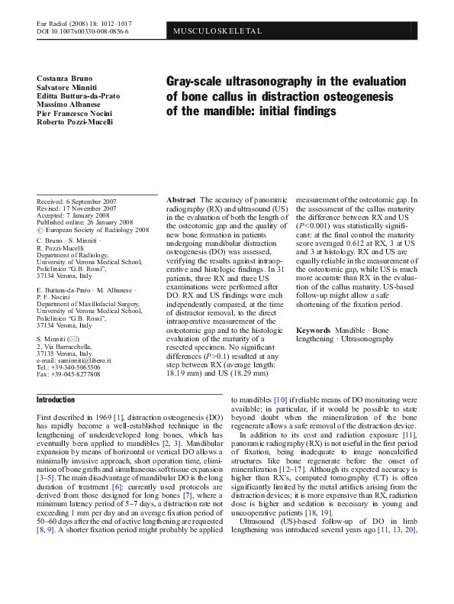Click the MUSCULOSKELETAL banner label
click(x=219, y=31)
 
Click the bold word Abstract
click(x=180, y=199)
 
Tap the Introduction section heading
click(x=56, y=399)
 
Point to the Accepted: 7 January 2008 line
click(x=72, y=215)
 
